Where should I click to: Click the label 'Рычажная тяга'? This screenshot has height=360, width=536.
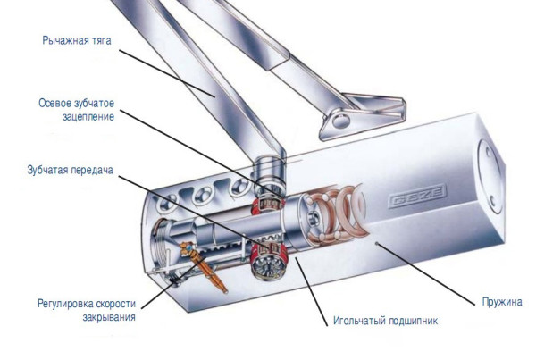(x=77, y=40)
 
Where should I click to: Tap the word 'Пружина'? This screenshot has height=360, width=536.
(x=502, y=302)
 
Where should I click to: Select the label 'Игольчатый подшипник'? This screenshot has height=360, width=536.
(x=386, y=321)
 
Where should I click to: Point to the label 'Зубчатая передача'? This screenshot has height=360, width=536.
(x=70, y=170)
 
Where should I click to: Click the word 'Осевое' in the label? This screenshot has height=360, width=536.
(x=55, y=103)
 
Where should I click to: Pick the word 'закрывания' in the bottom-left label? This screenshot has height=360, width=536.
(x=109, y=317)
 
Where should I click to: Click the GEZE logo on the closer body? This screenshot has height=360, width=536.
(x=417, y=196)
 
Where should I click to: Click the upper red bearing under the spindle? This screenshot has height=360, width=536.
(x=268, y=205)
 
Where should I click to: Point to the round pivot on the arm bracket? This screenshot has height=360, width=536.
(x=340, y=120)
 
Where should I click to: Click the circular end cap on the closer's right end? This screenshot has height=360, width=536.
(x=490, y=177)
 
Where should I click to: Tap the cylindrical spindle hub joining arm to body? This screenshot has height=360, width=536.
(x=269, y=172)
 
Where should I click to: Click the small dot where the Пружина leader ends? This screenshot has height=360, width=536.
(x=377, y=243)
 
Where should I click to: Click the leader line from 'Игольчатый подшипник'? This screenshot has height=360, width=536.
(x=312, y=291)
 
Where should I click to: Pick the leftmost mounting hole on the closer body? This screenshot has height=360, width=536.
(x=166, y=202)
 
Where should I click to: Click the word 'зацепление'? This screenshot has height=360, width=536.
(x=88, y=117)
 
